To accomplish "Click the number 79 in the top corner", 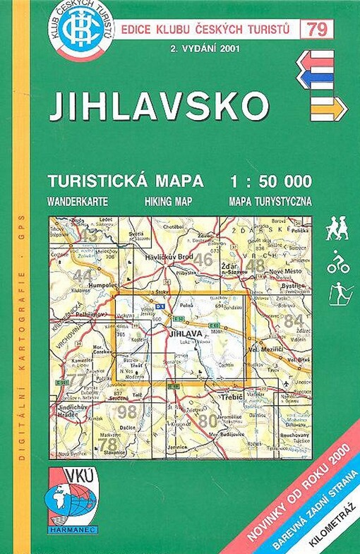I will click(317, 28).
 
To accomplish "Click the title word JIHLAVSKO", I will click(158, 107).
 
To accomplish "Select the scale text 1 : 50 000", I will click(271, 181).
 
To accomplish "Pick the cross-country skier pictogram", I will click(340, 293).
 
